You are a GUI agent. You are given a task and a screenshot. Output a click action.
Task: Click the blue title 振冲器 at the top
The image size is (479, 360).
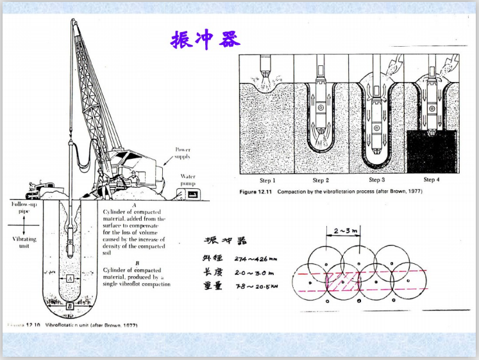coord(205,40)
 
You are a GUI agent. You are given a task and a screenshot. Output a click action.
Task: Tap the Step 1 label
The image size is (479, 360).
coord(267,180)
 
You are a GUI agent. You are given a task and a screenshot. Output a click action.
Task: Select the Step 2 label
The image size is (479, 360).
coord(322,180)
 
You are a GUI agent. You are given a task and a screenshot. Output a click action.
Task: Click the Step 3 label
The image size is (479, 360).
coord(376,180)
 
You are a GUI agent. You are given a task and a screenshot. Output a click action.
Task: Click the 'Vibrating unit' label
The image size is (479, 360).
coord(24,242)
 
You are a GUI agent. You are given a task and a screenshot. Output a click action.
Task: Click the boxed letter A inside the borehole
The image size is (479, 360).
coord(69,279)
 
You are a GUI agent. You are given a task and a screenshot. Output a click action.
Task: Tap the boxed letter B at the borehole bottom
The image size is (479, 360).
coord(69,306)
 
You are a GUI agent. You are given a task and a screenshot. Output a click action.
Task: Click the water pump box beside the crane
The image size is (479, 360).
coord(187,190)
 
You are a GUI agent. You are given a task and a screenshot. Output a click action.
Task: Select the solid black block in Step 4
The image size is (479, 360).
coord(431,151)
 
